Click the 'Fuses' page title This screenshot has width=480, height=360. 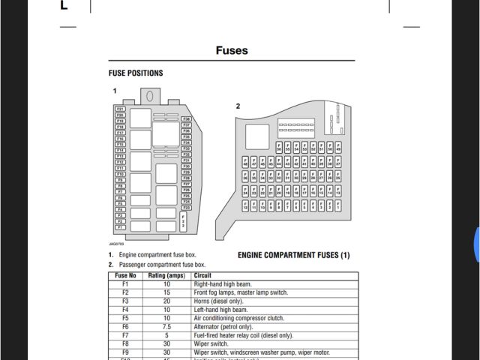coord(232,51)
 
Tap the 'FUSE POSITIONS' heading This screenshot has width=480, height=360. coord(136,73)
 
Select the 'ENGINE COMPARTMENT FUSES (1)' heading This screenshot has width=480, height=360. coord(294,256)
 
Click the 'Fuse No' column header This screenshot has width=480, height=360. coord(125,276)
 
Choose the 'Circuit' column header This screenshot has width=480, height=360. coord(204,276)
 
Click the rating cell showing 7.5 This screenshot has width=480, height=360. coord(166,327)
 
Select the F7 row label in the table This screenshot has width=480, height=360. coord(125,335)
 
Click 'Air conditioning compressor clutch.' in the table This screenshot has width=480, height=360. coord(243,319)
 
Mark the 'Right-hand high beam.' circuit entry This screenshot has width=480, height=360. coord(223,285)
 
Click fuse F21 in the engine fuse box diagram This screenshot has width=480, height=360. coord(120,109)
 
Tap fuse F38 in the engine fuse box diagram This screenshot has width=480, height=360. coord(187,119)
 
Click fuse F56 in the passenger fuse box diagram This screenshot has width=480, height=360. coord(278,147)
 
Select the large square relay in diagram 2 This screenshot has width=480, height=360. coord(257,136)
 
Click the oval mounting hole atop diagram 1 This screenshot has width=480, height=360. coord(150,96)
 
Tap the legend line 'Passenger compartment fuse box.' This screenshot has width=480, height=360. coord(161,265)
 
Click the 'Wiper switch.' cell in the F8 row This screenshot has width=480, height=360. coord(213,343)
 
